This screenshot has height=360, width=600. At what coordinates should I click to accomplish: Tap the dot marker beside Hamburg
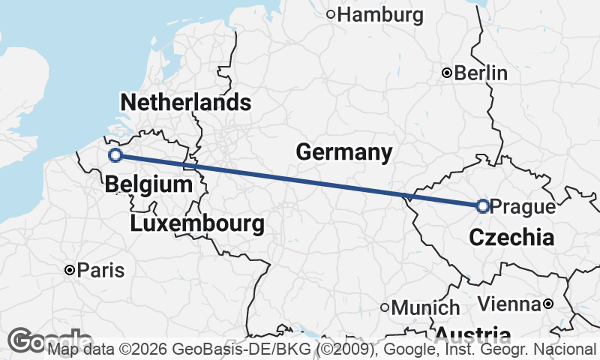[331, 13]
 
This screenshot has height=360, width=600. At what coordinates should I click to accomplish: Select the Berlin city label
[481, 73]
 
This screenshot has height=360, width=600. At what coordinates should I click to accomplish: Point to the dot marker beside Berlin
[447, 73]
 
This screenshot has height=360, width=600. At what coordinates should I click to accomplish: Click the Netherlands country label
[185, 103]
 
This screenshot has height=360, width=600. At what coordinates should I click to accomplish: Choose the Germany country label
[343, 152]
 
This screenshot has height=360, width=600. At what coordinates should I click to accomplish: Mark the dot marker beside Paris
[69, 270]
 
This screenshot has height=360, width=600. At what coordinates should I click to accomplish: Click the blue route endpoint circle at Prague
[482, 205]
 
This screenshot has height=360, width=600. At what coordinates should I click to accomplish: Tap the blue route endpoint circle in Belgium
[115, 155]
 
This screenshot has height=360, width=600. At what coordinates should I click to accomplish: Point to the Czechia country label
[511, 238]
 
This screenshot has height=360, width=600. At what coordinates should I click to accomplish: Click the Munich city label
[426, 307]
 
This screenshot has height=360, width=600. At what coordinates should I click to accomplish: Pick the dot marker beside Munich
[385, 307]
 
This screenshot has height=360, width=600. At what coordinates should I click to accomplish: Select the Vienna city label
[509, 304]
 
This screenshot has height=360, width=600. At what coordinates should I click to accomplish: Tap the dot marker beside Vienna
[548, 304]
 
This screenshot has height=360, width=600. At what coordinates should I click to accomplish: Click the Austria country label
[472, 334]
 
